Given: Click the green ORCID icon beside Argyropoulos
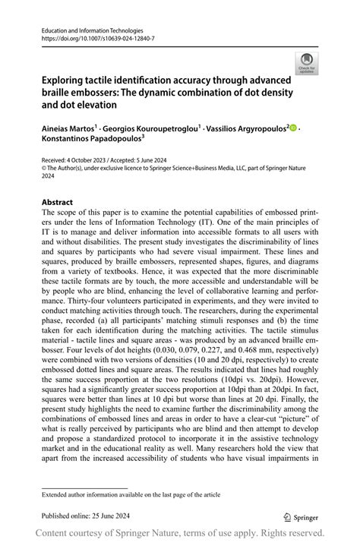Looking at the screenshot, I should (292, 129).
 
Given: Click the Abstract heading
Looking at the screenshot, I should (57, 202).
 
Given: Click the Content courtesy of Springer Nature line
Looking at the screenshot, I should (179, 533).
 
